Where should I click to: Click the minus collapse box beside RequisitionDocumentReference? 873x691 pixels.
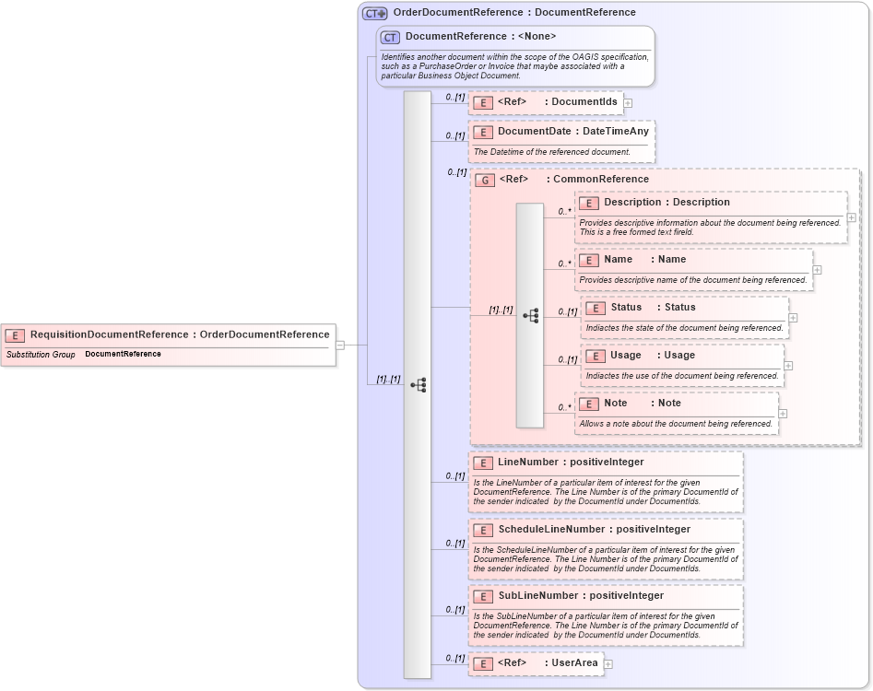(340, 345)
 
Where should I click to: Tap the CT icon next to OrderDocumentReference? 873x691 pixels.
(374, 13)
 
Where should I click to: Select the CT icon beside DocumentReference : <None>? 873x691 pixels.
(390, 37)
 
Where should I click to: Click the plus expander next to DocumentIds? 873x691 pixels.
(628, 102)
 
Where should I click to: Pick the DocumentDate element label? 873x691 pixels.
(572, 132)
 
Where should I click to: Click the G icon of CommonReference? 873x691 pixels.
(485, 180)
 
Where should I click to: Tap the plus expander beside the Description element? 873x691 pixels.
(851, 217)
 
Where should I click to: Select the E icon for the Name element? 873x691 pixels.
(590, 260)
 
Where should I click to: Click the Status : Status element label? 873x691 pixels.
(653, 308)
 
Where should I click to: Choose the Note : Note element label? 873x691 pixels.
(643, 404)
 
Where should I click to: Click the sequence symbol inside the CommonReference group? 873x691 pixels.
(530, 315)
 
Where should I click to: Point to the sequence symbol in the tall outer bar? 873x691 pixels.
(418, 385)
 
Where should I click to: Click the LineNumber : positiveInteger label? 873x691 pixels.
(571, 463)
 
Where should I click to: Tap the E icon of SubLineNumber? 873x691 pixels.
(483, 596)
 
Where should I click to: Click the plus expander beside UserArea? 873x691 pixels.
(608, 663)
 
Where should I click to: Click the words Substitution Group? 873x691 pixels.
(41, 354)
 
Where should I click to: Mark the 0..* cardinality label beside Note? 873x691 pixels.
(564, 407)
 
